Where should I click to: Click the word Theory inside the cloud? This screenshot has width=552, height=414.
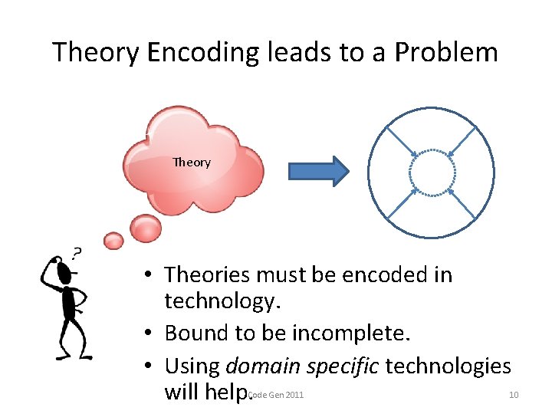click(192, 162)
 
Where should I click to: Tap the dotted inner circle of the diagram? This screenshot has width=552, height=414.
click(432, 172)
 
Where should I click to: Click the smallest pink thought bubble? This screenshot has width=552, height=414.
click(113, 241)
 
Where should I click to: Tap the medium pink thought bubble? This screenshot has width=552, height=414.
click(146, 227)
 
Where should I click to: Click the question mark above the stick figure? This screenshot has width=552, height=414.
click(77, 254)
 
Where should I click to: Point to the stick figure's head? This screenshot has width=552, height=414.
click(64, 273)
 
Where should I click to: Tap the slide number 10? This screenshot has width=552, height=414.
click(514, 395)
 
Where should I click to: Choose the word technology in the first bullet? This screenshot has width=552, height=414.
click(219, 302)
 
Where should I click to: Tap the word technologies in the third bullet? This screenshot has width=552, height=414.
click(448, 366)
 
